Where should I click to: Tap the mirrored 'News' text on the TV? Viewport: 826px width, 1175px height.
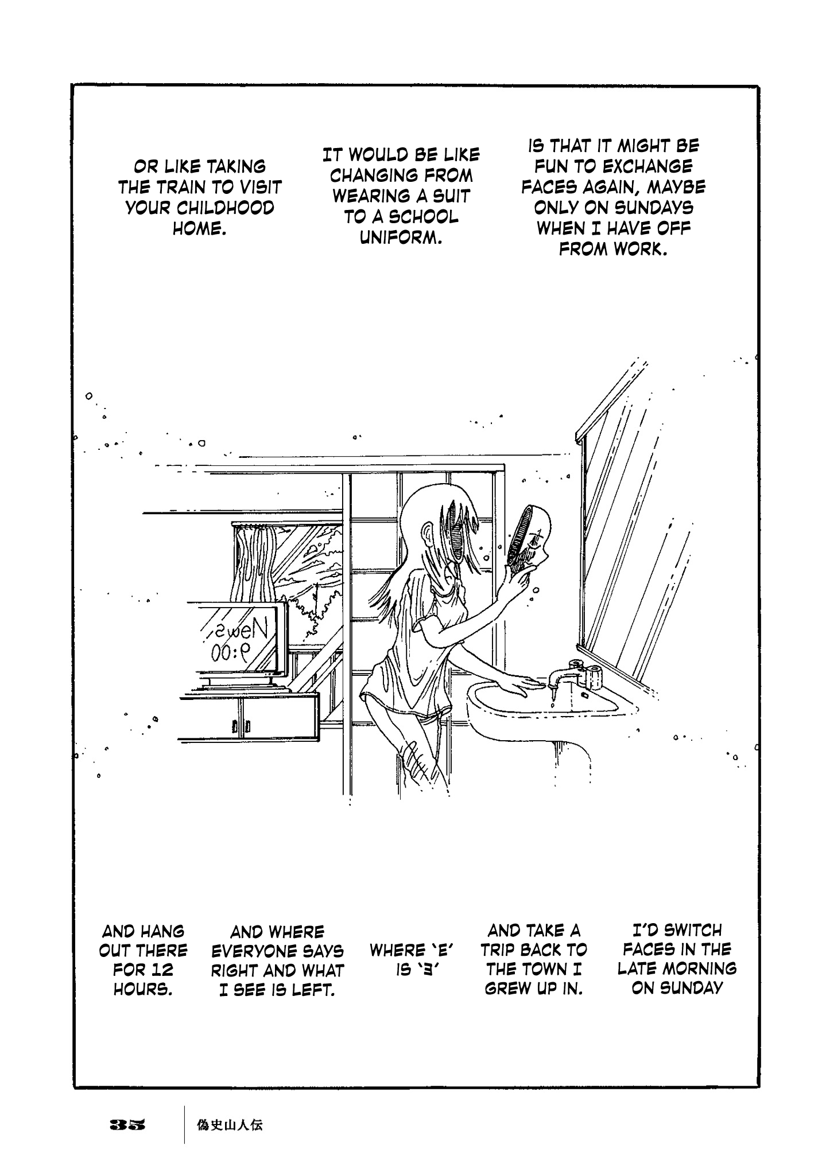[238, 631]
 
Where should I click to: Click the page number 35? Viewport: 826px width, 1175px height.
[128, 1125]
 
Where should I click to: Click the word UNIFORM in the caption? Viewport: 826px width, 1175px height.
[400, 238]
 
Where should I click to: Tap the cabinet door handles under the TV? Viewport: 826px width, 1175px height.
[241, 726]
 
